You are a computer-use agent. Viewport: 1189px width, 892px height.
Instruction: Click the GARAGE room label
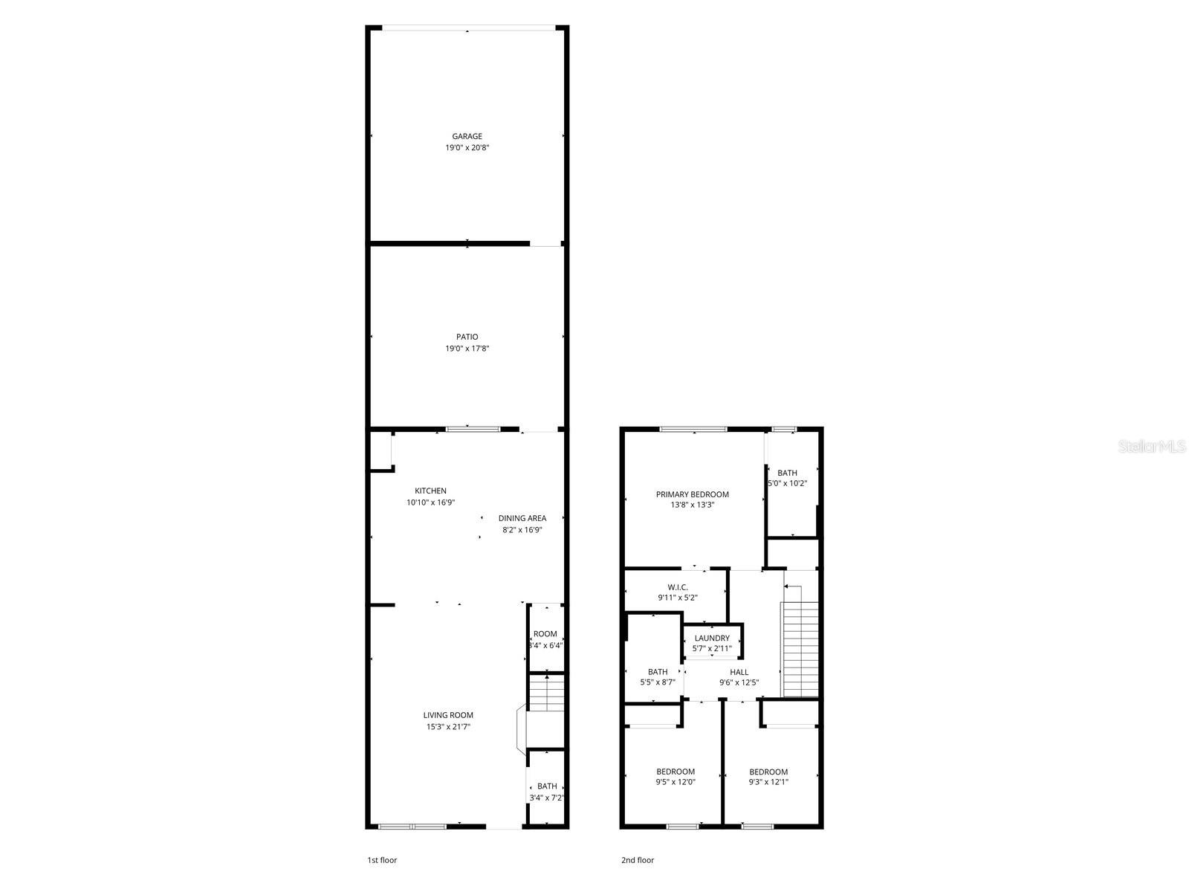[467, 136]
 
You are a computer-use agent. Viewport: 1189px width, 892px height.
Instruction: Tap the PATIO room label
[467, 337]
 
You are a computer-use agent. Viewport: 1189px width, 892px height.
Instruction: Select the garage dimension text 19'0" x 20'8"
[467, 148]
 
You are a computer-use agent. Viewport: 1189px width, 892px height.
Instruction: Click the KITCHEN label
[430, 491]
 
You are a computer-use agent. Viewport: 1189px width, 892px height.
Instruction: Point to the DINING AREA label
[522, 518]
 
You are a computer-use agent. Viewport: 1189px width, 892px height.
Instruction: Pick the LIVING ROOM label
[448, 715]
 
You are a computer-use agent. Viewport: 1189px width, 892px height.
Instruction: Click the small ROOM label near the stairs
[545, 634]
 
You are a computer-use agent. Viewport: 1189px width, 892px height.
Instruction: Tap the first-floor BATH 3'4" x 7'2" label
[547, 786]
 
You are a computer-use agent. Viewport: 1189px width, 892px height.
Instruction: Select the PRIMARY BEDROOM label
[692, 494]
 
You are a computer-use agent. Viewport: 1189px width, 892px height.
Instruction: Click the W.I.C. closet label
[677, 587]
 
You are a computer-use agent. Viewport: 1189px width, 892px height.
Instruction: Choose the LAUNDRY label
[712, 638]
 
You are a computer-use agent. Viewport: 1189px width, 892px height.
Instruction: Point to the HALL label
[739, 672]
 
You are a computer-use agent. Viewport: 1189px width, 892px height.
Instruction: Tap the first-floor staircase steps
[547, 691]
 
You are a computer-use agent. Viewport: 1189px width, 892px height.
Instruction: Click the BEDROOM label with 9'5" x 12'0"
[676, 772]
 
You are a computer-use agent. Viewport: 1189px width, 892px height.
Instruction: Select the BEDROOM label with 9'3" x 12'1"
[768, 772]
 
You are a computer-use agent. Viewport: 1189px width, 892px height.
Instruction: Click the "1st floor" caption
[382, 860]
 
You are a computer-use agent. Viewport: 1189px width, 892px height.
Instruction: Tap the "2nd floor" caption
[638, 860]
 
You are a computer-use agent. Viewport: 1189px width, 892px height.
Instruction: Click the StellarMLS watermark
[1153, 447]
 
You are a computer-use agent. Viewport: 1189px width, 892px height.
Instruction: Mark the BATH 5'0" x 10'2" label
[787, 473]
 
